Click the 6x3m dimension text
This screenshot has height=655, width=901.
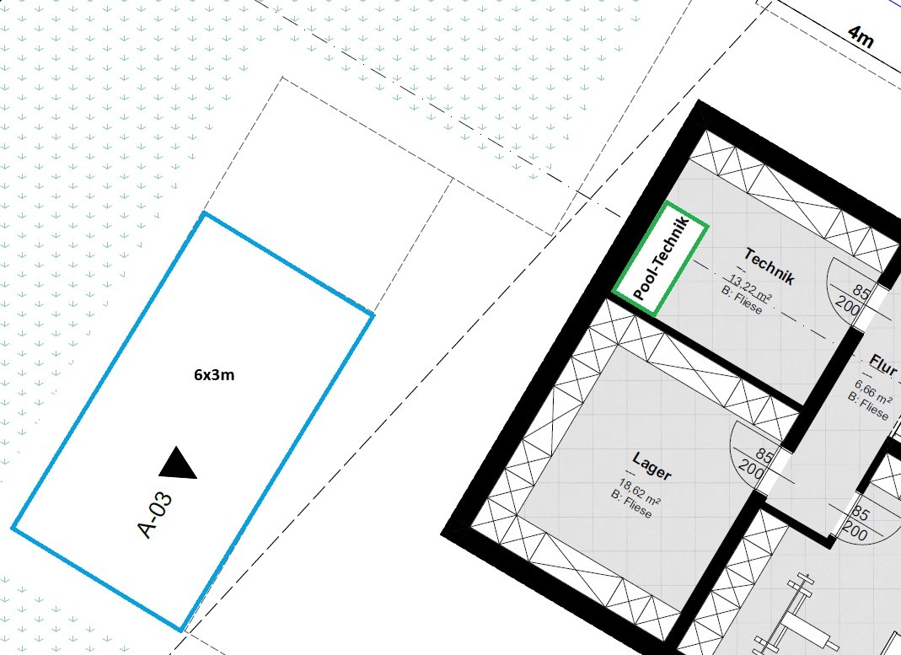click(x=214, y=375)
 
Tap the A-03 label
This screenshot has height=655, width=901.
click(x=156, y=515)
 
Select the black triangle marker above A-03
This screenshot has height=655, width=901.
click(x=178, y=463)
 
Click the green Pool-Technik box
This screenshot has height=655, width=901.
click(x=660, y=259)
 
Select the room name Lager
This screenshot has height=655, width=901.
click(x=652, y=465)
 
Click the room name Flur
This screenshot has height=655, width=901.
click(x=883, y=364)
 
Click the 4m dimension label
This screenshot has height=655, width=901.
click(x=861, y=37)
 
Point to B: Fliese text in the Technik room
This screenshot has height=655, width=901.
click(x=742, y=300)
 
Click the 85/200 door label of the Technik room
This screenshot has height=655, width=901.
click(x=855, y=298)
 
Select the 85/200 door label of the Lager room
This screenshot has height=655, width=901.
click(x=758, y=463)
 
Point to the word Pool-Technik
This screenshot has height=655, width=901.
click(x=661, y=258)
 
